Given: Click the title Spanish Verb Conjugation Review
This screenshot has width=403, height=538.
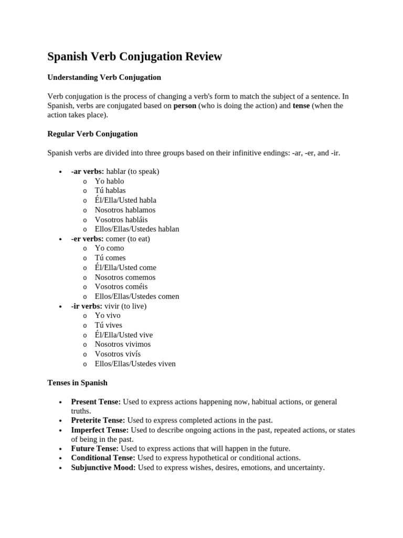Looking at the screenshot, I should [135, 57].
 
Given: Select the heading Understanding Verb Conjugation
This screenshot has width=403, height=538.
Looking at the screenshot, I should [104, 77].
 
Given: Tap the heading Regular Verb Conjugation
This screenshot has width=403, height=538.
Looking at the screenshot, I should [92, 134].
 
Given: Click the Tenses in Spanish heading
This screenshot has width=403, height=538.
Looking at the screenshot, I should [77, 383].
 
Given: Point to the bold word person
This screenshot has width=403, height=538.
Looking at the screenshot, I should [185, 106].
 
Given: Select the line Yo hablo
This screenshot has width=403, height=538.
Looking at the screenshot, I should [109, 181].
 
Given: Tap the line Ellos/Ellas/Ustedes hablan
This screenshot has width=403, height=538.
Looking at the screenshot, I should [136, 229].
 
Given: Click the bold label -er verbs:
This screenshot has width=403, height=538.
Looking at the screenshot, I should [87, 239].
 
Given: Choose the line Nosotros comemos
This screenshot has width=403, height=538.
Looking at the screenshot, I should [125, 277].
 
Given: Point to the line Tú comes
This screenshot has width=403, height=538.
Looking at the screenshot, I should [110, 258].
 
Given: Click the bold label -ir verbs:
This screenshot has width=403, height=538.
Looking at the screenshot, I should [87, 306].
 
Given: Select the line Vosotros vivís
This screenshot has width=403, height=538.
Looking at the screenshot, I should [118, 354].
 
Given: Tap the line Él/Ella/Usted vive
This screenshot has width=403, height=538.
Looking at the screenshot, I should [124, 335].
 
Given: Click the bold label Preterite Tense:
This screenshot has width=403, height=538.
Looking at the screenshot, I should [98, 420].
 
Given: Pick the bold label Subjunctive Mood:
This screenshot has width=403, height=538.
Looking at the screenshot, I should [103, 467].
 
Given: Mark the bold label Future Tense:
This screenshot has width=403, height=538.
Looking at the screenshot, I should [94, 449].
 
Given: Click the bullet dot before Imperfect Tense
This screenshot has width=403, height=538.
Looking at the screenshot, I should [61, 430].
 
